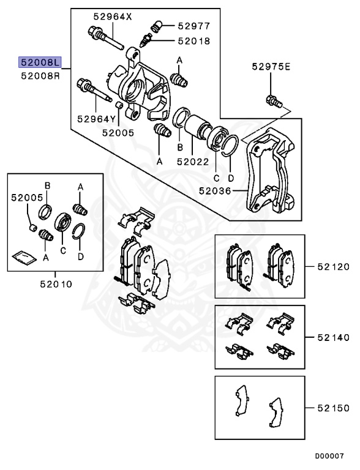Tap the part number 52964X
pos(112,17)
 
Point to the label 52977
pos(193,26)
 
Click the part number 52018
pos(193,41)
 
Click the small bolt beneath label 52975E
pos(272,100)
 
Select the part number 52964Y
pos(96,119)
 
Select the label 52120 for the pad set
pos(332,267)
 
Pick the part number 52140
pos(332,337)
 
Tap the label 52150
pos(332,407)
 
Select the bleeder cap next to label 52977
pos(156,26)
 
